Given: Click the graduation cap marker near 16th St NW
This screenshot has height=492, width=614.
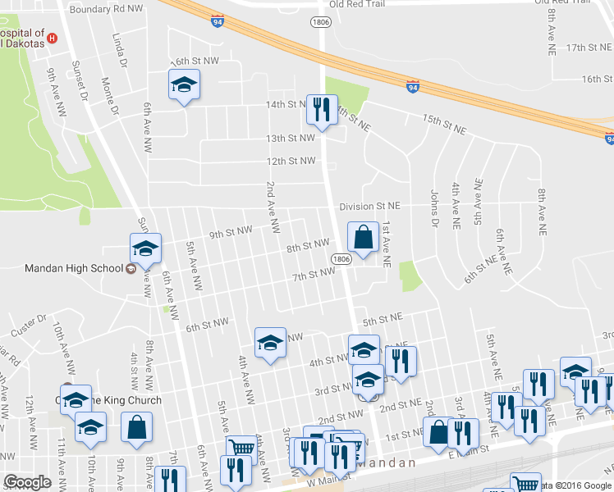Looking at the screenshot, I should click(185, 84).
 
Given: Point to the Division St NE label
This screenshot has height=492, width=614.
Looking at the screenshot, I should click(370, 206).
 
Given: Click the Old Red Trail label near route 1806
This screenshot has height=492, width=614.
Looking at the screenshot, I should click(357, 4).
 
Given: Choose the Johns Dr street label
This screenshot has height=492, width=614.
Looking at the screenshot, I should click(431, 206).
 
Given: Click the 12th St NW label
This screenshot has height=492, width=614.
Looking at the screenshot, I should click(291, 161).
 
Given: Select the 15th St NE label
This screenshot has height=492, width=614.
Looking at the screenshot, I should click(444, 125).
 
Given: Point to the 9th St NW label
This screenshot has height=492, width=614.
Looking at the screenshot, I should click(231, 233).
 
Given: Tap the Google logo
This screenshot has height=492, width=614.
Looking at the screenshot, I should click(27, 481).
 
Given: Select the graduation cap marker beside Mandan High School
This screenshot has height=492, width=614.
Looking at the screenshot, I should click(145, 249).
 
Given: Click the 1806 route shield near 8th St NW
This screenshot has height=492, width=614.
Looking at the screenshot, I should click(342, 259).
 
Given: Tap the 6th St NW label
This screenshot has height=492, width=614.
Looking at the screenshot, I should click(207, 325).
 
